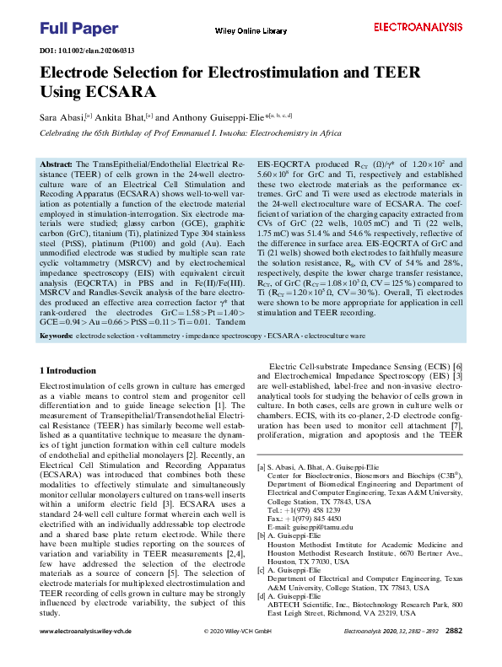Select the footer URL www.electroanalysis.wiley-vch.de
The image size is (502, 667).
coord(87,654)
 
